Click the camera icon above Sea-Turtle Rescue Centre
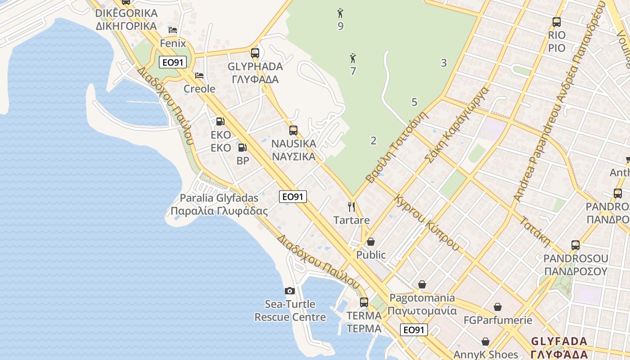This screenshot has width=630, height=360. [290, 291]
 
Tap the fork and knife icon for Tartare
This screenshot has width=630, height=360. [351, 207]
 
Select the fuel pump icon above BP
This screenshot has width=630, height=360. [242, 147]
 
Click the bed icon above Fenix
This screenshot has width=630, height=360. [173, 30]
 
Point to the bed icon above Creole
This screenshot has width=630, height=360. [199, 76]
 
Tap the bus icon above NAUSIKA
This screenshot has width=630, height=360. [293, 130]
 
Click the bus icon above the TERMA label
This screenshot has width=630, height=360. [364, 302]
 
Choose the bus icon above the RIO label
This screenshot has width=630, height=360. [557, 22]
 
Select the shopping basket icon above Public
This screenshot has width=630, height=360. [371, 242]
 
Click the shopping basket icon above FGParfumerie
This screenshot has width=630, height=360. [498, 307]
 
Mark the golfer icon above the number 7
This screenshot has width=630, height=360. [353, 58]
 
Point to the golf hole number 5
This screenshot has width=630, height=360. [414, 102]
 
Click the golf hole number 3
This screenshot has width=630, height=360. [444, 63]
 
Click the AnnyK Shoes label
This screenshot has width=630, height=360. [486, 354]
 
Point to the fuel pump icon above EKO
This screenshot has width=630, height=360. [220, 121]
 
